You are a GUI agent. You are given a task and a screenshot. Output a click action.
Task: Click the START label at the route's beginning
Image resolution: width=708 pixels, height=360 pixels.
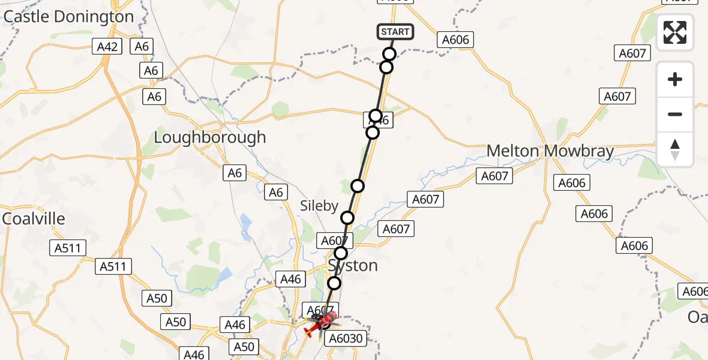(x=395, y=32)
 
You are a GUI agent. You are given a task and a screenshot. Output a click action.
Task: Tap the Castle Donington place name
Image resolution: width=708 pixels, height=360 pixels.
(x=68, y=17)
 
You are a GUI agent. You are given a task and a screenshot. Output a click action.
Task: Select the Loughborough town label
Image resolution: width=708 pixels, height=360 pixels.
(x=209, y=137)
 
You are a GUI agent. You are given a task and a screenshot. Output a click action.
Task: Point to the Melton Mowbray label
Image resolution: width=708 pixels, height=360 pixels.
(x=550, y=151)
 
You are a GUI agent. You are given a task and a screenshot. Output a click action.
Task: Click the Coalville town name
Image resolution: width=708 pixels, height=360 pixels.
(x=34, y=219)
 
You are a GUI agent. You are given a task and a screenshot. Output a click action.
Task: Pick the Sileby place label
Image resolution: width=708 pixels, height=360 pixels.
(x=319, y=206)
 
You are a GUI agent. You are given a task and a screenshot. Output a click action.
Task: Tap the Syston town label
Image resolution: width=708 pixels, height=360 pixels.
(x=353, y=265)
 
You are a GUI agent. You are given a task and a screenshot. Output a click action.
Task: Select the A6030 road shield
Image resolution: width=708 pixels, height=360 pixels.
(x=344, y=338)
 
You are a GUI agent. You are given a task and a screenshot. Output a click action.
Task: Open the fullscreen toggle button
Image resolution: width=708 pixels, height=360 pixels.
(x=675, y=32)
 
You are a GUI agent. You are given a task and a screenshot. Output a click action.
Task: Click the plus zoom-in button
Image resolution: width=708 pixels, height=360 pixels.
(x=675, y=79)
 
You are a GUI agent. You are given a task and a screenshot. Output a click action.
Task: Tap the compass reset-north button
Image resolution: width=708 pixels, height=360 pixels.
(x=675, y=149)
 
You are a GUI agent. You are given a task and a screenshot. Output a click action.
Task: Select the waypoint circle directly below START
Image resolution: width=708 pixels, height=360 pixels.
(x=389, y=54)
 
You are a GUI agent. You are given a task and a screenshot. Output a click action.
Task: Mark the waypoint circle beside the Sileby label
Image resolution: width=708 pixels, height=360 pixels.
(x=347, y=217)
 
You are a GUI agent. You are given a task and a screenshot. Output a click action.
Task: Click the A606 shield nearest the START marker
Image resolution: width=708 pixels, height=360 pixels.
(x=455, y=40)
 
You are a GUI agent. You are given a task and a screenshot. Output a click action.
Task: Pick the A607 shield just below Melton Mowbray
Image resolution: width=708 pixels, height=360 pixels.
(x=494, y=176)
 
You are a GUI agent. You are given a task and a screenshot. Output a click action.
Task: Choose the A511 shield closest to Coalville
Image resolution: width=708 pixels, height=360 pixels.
(x=70, y=247)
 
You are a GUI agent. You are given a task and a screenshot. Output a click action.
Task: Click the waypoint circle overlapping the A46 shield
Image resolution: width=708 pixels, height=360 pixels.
(x=376, y=116)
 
